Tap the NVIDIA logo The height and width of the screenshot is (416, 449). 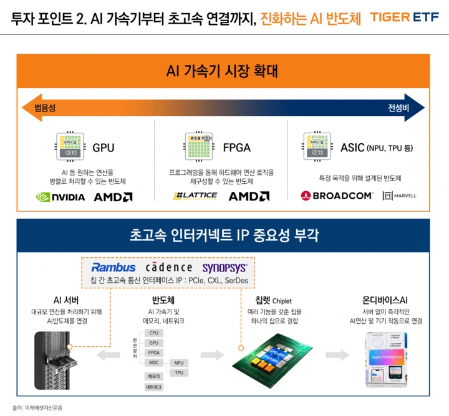[60, 197]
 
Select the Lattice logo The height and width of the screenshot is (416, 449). [195, 196]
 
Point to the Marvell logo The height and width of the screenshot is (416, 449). [400, 196]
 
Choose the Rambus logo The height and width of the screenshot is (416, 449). [113, 268]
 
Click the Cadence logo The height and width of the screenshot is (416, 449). [169, 268]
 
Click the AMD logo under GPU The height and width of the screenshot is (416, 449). [113, 197]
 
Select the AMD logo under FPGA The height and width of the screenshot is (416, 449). [249, 196]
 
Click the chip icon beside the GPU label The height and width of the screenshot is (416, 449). [71, 147]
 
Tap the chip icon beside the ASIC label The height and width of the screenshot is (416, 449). [317, 147]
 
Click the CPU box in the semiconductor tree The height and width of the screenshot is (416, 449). [153, 333]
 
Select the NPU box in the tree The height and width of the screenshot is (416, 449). [179, 362]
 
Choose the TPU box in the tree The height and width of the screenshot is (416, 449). [179, 372]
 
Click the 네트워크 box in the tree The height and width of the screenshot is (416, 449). [153, 387]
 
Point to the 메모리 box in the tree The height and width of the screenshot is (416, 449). [153, 376]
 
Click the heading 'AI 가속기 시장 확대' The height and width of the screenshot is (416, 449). [222, 70]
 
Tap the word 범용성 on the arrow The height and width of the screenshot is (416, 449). [45, 108]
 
